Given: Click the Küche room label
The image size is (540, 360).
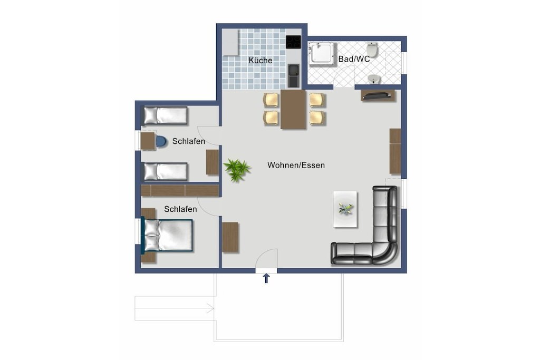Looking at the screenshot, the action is [x=261, y=61].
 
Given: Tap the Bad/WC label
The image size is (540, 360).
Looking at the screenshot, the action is [x=354, y=59].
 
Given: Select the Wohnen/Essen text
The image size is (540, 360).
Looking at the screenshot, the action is [x=296, y=165].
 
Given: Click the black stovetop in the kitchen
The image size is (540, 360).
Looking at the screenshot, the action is [x=293, y=42].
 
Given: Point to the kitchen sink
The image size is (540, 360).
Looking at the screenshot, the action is [x=294, y=75].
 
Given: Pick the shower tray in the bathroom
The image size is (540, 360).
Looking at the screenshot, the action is [x=322, y=53].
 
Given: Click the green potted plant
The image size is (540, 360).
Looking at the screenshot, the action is [x=237, y=169].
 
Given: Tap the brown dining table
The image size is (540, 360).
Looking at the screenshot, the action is [x=293, y=109].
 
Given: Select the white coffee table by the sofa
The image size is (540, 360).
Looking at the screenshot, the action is [x=345, y=209].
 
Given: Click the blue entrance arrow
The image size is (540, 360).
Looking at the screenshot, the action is [x=266, y=278].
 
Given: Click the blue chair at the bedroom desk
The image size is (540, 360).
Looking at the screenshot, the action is [x=161, y=141].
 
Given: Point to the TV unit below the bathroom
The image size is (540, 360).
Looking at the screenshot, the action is [x=378, y=95].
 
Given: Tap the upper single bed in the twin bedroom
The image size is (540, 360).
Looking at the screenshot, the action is [x=165, y=115].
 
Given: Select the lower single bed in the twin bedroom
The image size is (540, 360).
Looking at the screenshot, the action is [x=165, y=171].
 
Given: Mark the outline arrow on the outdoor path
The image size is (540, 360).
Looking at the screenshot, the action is [x=174, y=308].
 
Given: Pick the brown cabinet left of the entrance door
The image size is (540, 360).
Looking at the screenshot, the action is [x=230, y=238].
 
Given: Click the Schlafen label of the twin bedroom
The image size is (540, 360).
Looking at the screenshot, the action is [x=189, y=141].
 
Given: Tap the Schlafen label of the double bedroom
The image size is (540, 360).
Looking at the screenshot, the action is [x=180, y=209].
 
